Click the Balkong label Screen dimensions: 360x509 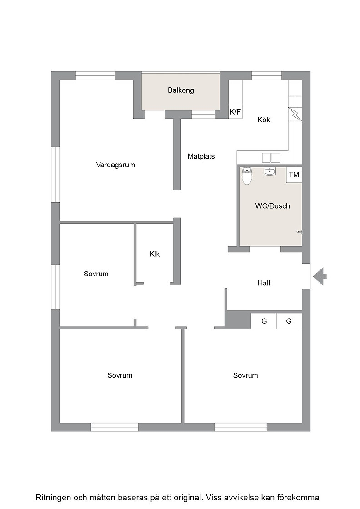click(x=181, y=90)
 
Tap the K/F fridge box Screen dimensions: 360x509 click(x=235, y=112)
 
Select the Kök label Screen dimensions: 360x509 click(x=264, y=120)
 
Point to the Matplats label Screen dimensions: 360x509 click(x=201, y=156)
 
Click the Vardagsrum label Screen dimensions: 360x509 click(x=115, y=165)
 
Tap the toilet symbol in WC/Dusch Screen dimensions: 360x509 click(x=247, y=175)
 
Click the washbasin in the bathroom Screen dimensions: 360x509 click(x=270, y=171)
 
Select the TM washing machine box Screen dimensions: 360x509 click(x=294, y=175)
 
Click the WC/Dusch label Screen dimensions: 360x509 click(x=273, y=206)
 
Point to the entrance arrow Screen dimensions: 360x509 click(x=320, y=277)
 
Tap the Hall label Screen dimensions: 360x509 click(x=264, y=283)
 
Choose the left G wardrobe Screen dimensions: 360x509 click(x=264, y=321)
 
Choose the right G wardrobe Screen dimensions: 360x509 click(x=289, y=321)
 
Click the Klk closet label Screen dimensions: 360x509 click(x=155, y=254)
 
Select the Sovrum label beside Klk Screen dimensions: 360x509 click(x=96, y=274)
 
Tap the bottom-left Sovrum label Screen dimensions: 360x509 click(x=120, y=375)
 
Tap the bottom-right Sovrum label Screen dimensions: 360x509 click(x=245, y=375)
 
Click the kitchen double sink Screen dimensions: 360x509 click(x=271, y=157)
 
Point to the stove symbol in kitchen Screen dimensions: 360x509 click(x=295, y=114)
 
